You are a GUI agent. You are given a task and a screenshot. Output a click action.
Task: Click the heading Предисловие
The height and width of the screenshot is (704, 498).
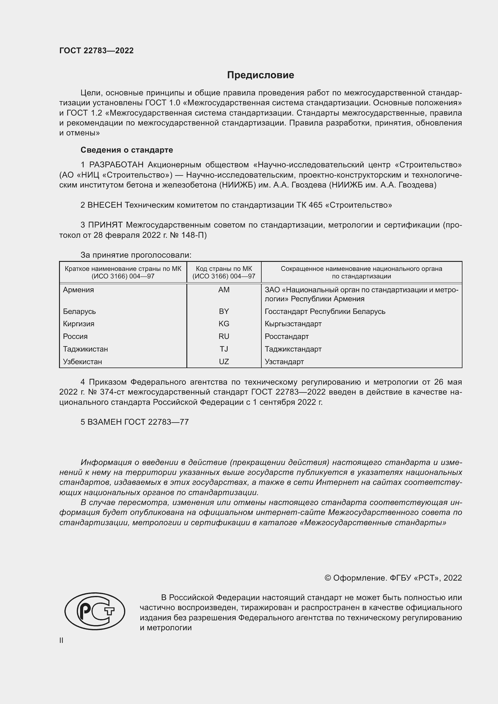coord(260,75)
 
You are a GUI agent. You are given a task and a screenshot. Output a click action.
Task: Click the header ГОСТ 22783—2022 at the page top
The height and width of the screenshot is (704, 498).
coord(96,51)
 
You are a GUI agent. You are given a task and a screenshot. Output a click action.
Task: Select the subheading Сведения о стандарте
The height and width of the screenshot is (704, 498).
coord(127,150)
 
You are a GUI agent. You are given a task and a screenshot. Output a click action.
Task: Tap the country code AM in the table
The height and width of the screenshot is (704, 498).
coord(224,290)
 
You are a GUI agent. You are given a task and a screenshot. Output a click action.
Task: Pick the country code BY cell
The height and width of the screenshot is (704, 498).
coord(224,311)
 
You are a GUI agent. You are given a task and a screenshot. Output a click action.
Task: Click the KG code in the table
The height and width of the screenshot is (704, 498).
coord(224,324)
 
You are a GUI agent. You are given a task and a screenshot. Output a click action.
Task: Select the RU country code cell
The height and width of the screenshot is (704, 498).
coord(224,336)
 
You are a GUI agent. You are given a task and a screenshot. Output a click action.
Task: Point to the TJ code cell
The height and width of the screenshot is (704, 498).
coord(224,349)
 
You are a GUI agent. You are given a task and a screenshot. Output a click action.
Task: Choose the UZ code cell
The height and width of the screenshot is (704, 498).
coord(224,361)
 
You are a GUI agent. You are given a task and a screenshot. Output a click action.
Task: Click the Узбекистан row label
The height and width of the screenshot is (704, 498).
coord(82,361)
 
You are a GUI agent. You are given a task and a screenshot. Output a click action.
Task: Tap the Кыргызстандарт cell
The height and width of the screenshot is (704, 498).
coord(293,324)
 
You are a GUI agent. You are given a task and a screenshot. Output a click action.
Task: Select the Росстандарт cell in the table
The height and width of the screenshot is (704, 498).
coord(287,336)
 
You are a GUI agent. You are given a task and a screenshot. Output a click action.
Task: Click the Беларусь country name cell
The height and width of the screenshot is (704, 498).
coord(79,311)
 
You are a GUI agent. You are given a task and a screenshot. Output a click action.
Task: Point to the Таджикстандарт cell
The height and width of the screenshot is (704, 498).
coord(293,349)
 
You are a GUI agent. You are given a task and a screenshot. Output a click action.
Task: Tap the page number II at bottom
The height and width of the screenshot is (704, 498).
coord(61,640)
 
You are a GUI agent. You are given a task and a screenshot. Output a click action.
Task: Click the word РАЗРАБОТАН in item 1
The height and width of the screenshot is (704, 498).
coord(116,165)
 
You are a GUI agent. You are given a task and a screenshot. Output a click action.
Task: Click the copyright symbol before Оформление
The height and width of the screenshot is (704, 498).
coord(328,578)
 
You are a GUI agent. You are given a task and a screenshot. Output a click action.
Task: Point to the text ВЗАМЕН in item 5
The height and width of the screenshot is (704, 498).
coord(104,422)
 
